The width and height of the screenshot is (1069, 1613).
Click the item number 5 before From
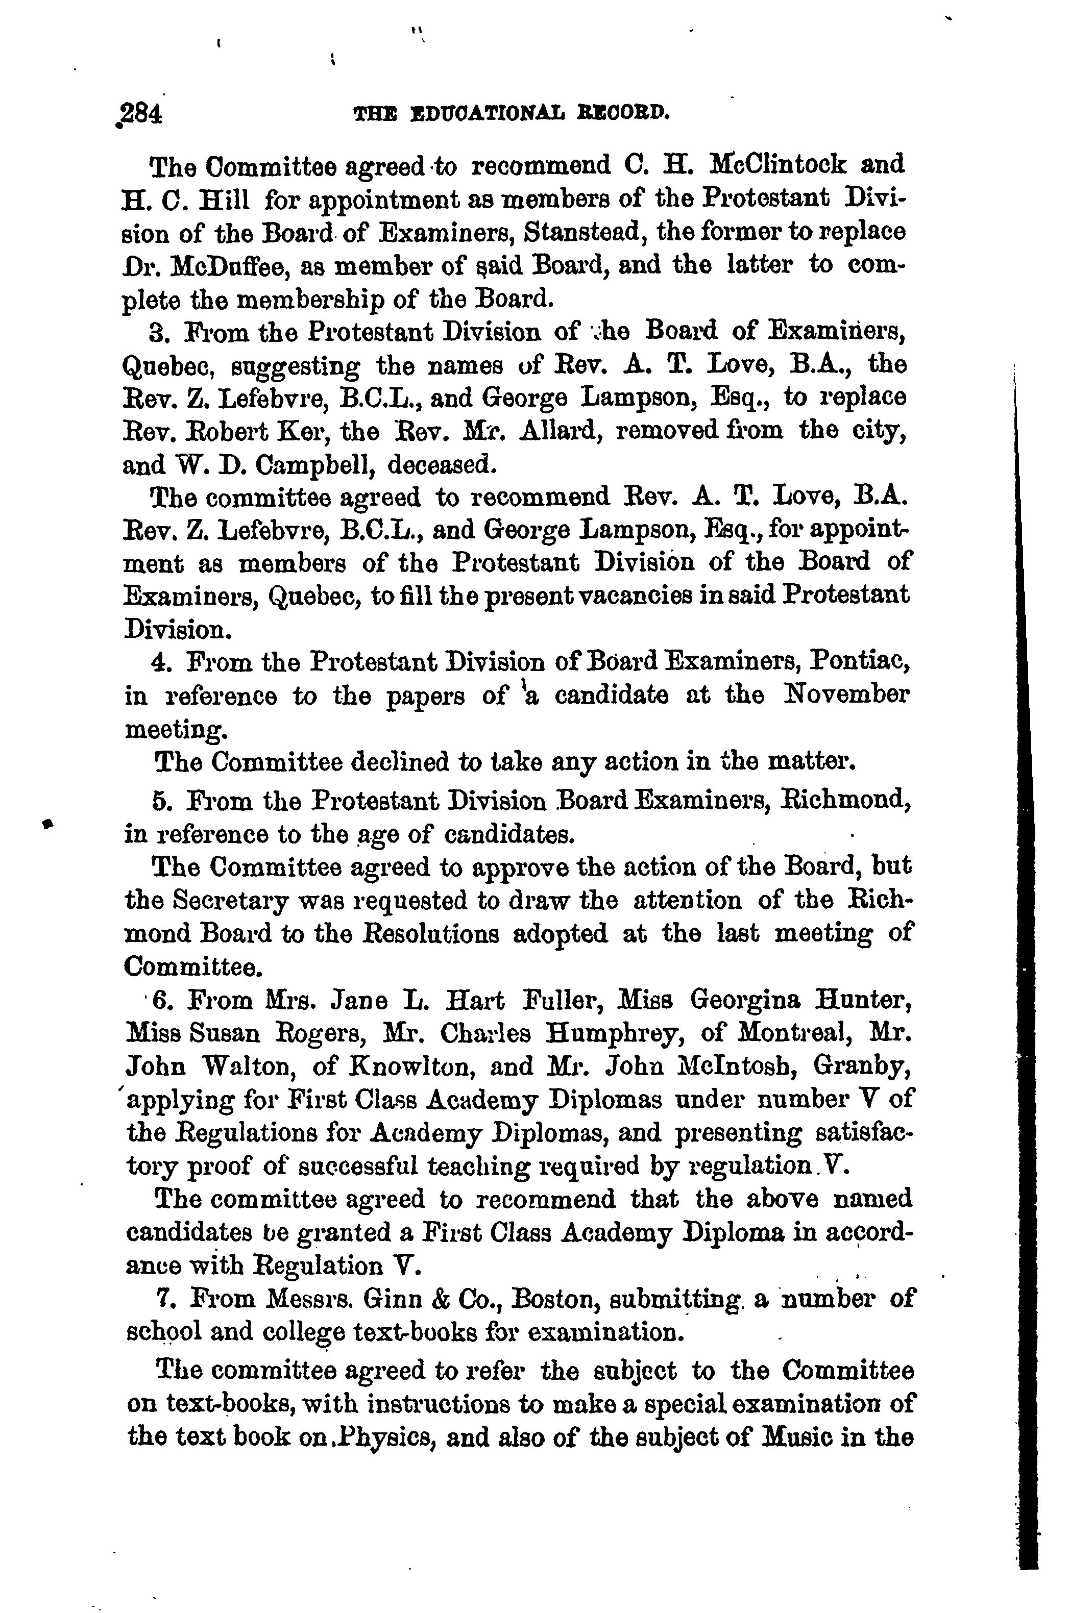click(161, 799)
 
